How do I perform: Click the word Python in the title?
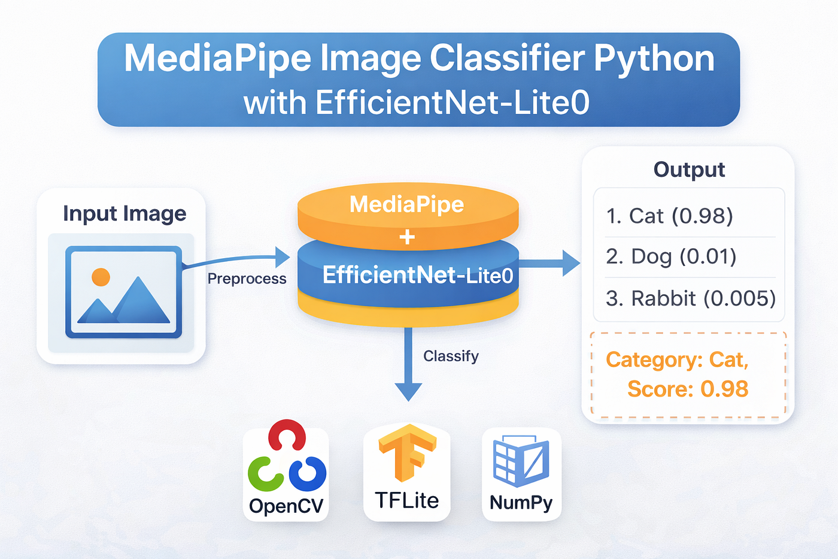tap(654, 60)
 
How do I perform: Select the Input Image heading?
tap(125, 214)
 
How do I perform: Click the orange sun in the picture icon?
tap(101, 277)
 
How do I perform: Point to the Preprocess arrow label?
tap(247, 279)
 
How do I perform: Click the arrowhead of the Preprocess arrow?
tap(283, 257)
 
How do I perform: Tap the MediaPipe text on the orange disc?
tap(406, 204)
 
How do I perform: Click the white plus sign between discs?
tap(407, 237)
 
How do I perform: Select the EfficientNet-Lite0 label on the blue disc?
tap(418, 275)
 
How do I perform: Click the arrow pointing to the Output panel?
tap(549, 264)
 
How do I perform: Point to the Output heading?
tap(689, 170)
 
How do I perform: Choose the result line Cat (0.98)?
tap(669, 216)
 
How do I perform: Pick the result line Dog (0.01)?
tap(671, 257)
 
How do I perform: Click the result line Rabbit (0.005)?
tap(691, 298)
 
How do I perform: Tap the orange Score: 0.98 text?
tap(688, 389)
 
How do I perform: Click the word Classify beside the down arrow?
tap(451, 356)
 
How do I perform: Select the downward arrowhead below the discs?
tap(408, 392)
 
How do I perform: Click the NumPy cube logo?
tap(521, 461)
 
